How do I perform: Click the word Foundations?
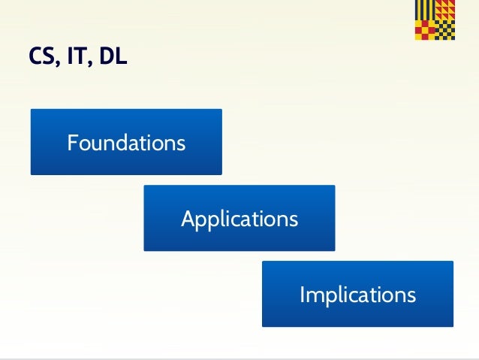[x=126, y=142]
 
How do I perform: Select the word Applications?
[x=239, y=219]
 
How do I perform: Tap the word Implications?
[x=357, y=294]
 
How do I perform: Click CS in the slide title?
[x=40, y=57]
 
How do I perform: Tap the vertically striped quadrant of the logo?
[x=424, y=11]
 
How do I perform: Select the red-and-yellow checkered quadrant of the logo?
[x=424, y=29]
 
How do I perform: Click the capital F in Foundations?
[x=73, y=142]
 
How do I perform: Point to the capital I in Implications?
[x=303, y=294]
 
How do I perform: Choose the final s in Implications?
[x=411, y=295]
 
